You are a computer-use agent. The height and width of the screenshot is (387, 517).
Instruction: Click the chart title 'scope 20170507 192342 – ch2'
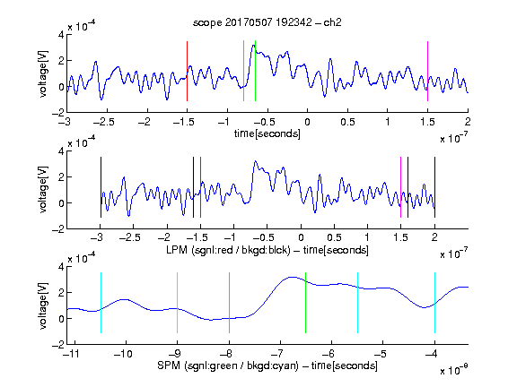point(267,22)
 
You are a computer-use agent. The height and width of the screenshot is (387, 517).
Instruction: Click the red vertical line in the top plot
point(187,71)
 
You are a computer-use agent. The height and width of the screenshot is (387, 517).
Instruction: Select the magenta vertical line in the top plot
point(427,71)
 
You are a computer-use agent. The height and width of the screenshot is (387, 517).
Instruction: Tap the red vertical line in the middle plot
point(200,187)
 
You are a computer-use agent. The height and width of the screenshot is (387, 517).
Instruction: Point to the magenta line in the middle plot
point(400,187)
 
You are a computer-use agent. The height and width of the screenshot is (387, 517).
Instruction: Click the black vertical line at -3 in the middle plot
point(101,187)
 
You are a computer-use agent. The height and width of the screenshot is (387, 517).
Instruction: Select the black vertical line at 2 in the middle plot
point(434,187)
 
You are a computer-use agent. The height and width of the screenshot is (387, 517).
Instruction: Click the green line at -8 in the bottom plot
point(229,303)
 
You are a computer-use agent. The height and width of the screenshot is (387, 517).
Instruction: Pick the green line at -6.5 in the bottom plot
point(306,303)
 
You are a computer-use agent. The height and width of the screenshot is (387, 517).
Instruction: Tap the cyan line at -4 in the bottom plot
point(434,303)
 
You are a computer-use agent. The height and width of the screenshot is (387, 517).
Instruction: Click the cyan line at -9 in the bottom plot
point(177,303)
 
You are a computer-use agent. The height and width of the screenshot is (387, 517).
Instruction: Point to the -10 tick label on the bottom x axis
point(123,354)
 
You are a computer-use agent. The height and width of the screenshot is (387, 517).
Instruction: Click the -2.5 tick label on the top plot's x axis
point(104,122)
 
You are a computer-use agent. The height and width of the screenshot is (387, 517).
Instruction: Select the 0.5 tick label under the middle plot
point(334,237)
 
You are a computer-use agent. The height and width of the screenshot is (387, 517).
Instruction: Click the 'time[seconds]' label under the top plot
point(267,133)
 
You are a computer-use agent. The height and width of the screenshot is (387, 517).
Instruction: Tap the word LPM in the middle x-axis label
point(177,250)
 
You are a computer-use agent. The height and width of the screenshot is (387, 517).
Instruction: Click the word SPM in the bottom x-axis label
point(168,365)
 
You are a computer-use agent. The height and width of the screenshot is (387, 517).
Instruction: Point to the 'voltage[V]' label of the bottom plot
point(43,305)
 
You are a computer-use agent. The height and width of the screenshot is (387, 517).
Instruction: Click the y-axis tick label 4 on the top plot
point(61,35)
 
